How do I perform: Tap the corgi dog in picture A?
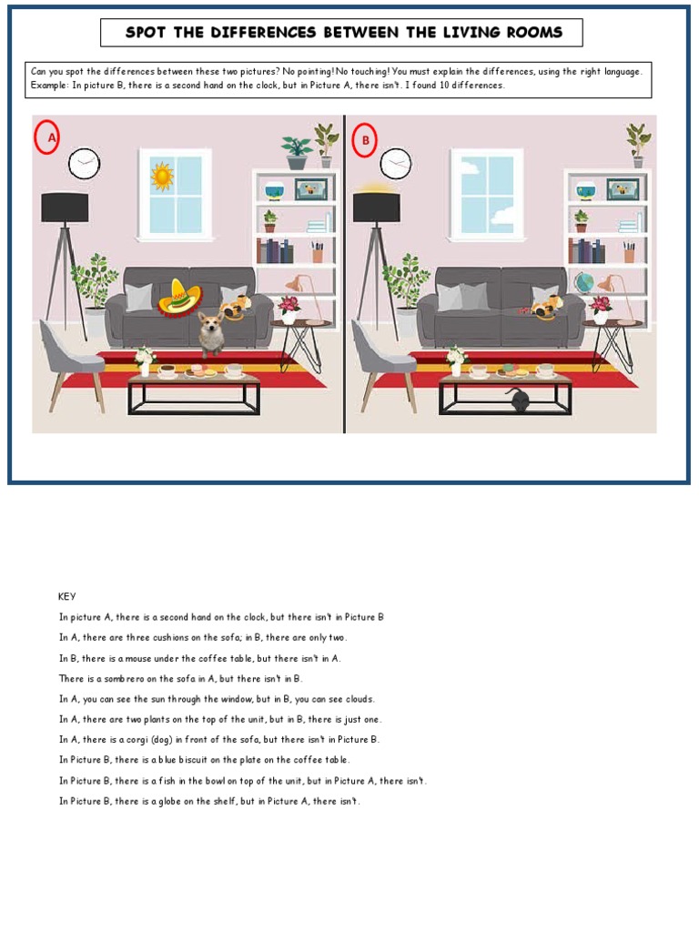(x=211, y=331)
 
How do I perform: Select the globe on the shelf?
(x=582, y=282)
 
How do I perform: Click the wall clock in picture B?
(x=395, y=164)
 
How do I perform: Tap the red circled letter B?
(x=366, y=140)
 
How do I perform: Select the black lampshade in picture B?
(x=376, y=208)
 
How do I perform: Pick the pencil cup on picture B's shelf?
(x=629, y=252)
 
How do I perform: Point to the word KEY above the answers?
(x=67, y=596)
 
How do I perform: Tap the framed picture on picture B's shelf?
(x=623, y=189)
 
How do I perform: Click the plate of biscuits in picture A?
(x=199, y=371)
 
